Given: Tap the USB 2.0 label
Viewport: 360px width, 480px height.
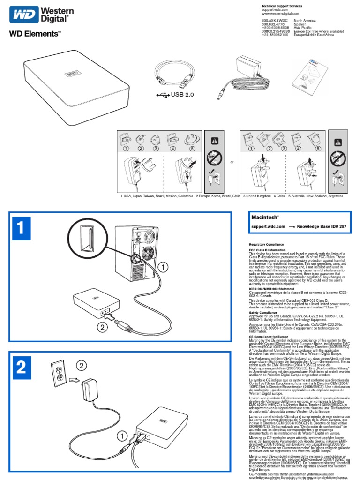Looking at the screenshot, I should (182, 94).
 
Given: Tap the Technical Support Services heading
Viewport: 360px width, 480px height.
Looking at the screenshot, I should (282, 6).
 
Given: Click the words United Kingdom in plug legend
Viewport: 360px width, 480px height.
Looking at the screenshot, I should (258, 196).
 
